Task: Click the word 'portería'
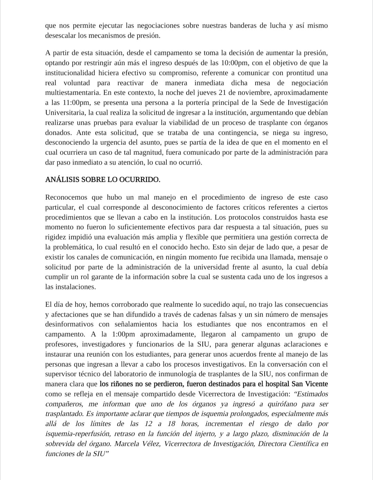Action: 224,103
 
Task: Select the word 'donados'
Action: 58,132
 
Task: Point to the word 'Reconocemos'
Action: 66,197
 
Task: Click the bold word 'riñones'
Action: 121,384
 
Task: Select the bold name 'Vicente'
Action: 316,384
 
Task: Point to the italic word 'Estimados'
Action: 312,394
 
